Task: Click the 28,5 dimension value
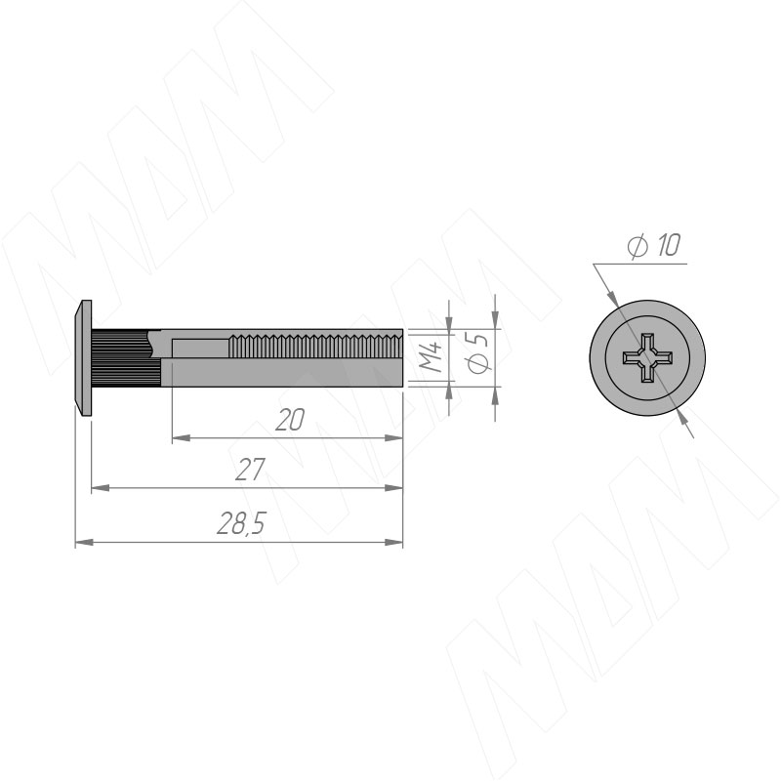[x=242, y=524]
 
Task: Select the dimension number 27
[x=250, y=470]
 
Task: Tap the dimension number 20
[x=289, y=420]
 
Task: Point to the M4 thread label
[x=431, y=356]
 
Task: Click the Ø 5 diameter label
[x=479, y=352]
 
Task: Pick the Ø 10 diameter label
[x=653, y=246]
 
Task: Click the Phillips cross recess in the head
[x=647, y=357]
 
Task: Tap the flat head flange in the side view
[x=83, y=357]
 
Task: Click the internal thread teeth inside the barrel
[x=315, y=347]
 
